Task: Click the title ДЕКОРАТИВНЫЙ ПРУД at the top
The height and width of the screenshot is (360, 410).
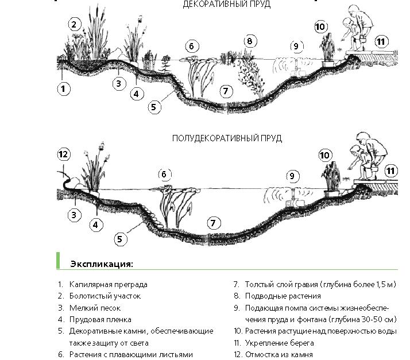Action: coord(226,4)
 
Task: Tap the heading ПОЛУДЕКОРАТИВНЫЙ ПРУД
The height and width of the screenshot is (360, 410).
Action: coord(227,138)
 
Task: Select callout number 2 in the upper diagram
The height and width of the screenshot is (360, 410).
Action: coord(74,25)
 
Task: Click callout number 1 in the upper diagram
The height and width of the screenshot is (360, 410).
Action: coord(63,89)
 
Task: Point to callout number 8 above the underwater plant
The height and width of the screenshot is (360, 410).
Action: coord(250,41)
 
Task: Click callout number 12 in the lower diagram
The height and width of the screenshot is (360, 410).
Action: coord(64,154)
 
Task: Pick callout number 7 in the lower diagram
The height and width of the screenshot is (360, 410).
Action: coord(214,223)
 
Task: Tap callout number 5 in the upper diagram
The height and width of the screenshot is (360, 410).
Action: coord(154,107)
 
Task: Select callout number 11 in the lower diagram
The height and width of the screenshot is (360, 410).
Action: coord(390,171)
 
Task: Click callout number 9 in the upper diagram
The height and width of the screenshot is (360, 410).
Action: coord(296,47)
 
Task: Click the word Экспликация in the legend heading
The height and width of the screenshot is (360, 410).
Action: coord(102,264)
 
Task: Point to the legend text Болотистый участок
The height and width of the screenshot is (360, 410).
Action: coord(105,296)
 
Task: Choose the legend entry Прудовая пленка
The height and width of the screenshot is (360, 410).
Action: coord(100,319)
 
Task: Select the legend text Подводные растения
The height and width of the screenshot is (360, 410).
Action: coord(283,296)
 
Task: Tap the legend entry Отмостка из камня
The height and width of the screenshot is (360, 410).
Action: coord(279,354)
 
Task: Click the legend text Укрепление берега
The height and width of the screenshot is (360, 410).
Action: coord(280,343)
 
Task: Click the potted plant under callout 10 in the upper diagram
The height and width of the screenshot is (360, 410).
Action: coord(327,51)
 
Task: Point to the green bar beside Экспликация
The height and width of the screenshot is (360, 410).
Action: coord(58,261)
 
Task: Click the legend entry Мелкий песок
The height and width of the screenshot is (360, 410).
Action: coord(95,308)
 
